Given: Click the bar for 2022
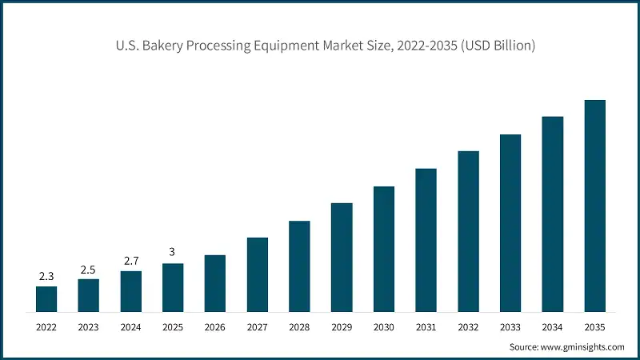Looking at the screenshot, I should point(46,298).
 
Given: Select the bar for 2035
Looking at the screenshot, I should point(594,206).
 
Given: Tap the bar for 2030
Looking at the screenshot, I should point(384,249).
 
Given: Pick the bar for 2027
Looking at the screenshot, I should point(258,274).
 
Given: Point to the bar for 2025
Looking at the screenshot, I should point(173,287).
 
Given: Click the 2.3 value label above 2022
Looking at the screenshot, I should point(46,277).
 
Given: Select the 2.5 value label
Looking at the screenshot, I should point(89,269).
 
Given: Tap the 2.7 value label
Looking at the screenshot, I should point(131,261).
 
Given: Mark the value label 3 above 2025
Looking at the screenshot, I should point(173,253).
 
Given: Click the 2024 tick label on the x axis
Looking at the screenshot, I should point(131,326).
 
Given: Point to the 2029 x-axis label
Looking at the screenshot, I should point(342,326).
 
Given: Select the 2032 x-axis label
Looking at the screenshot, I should point(468,326).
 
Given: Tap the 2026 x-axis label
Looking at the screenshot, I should point(215,326).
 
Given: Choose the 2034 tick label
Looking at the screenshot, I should point(553,326).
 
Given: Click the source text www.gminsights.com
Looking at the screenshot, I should point(584,347).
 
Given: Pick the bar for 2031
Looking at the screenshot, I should point(426,240).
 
